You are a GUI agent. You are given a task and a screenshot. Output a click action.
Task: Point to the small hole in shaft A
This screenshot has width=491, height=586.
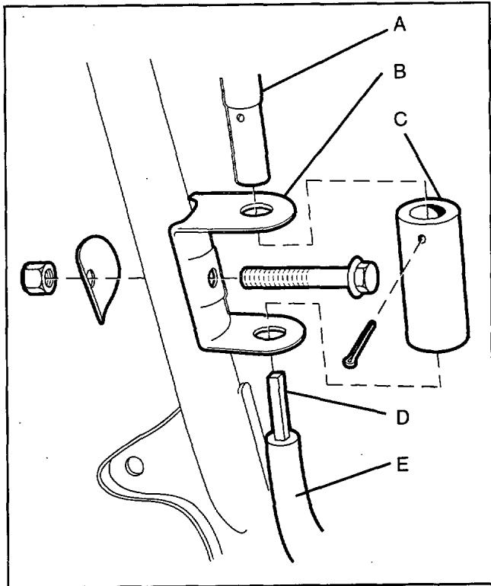241,117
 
